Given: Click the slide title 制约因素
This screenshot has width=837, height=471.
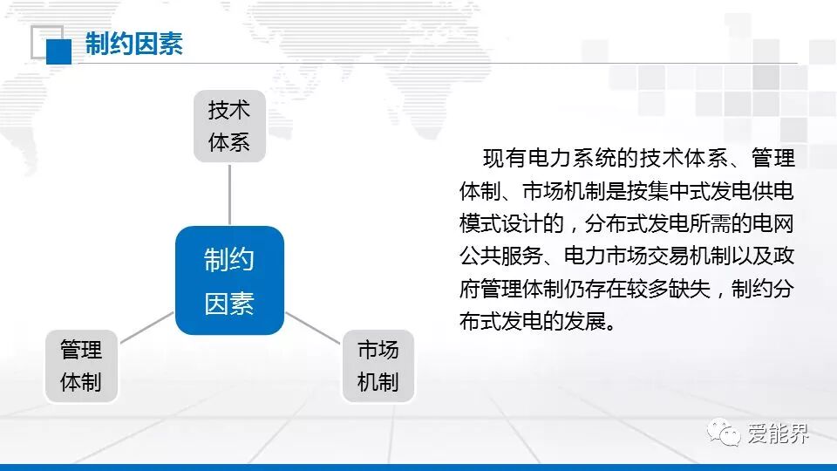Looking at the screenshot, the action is pos(134,44).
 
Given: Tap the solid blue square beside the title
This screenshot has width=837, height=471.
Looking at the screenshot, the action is pos(58,51).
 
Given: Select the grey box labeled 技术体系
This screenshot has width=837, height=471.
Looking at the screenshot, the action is pos(229,126).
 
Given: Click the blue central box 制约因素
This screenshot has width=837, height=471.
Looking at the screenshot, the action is pos(229,280).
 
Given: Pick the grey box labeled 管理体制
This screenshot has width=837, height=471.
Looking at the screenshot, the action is pos(81,365).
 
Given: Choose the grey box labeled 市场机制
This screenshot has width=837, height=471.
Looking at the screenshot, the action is pos(378,365).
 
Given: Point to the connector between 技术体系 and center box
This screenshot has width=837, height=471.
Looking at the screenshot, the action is pos(229,195).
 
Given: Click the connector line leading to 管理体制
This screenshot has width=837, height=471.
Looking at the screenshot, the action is pos(147,327).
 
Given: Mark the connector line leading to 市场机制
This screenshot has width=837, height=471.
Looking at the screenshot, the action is pos(313,327).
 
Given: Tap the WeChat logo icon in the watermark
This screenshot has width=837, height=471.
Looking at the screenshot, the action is pos(724,432).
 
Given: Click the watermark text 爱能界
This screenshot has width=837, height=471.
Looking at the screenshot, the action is pos(778,433).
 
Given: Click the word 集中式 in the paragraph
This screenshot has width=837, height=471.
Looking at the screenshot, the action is pos(678,191).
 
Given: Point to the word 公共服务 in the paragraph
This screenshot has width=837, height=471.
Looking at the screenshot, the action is pos(501,256).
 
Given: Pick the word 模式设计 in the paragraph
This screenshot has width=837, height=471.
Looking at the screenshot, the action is pos(501,224).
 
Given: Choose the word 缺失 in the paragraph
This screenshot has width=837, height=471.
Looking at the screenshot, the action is pos(689,289).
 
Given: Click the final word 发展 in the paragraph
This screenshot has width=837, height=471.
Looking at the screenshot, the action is pos(585,322).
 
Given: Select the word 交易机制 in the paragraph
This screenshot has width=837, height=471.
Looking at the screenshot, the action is pos(689,256).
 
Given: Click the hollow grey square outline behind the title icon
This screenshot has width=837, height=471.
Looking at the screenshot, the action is pos(32,42).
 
